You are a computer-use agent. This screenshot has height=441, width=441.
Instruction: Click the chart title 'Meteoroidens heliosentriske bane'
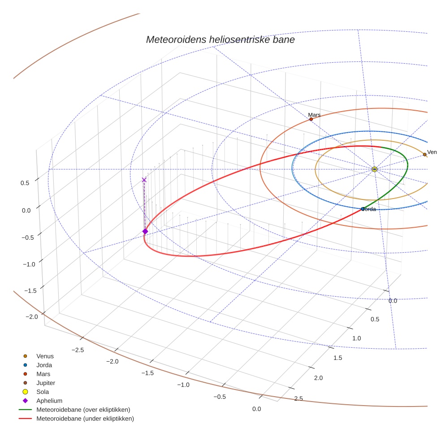[x=220, y=40]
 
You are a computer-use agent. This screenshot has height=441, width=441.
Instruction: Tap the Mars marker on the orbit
[x=311, y=119]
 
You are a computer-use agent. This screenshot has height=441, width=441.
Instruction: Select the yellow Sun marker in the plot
[x=374, y=169]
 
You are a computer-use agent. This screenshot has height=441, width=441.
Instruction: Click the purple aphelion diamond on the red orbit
[x=145, y=231]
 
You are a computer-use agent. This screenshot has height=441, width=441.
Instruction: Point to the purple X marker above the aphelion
[x=144, y=180]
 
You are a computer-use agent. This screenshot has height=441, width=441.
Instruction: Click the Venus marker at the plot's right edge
[x=424, y=155]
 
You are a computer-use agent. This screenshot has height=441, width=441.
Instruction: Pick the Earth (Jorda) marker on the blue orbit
[x=363, y=209]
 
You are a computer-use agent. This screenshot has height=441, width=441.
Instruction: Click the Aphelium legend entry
[x=49, y=401]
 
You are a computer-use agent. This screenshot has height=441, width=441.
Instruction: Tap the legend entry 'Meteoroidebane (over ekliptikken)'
[x=83, y=410]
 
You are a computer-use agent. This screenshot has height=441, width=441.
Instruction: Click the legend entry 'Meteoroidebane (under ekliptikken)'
[x=85, y=419]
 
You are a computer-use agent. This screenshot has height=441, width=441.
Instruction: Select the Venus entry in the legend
[x=45, y=356]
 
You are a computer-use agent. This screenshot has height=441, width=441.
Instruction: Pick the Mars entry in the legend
[x=43, y=374]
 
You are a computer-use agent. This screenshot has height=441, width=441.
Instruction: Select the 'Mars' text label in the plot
[x=314, y=115]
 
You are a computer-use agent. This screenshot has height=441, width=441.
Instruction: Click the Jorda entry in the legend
[x=44, y=365]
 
